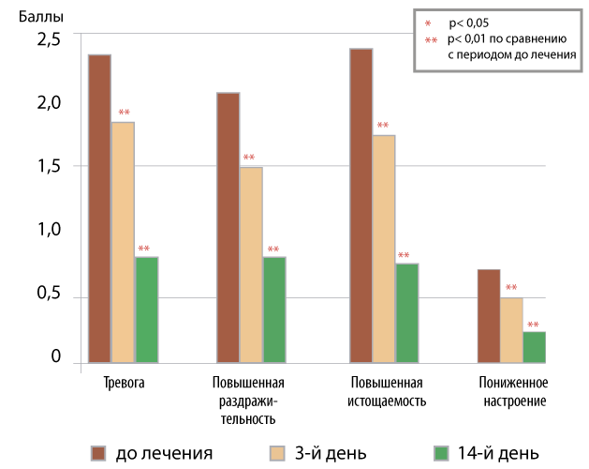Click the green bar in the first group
point(147,310)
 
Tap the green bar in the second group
point(274,310)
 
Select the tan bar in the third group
point(384,249)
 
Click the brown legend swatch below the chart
point(98,454)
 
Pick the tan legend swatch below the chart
point(277,454)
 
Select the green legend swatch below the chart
point(442,454)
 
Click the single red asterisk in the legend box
point(428,23)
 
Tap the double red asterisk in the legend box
point(431,40)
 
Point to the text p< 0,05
point(469,23)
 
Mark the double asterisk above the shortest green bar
point(533,325)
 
